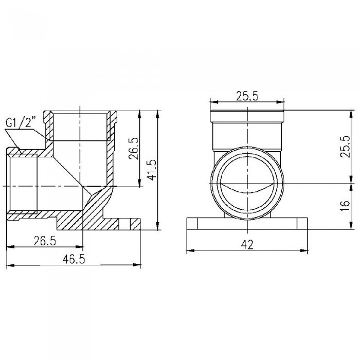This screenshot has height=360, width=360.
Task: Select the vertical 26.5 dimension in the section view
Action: (135, 150)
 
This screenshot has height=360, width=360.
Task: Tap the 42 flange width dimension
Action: (248, 245)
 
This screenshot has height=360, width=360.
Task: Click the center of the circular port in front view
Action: (247, 183)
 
